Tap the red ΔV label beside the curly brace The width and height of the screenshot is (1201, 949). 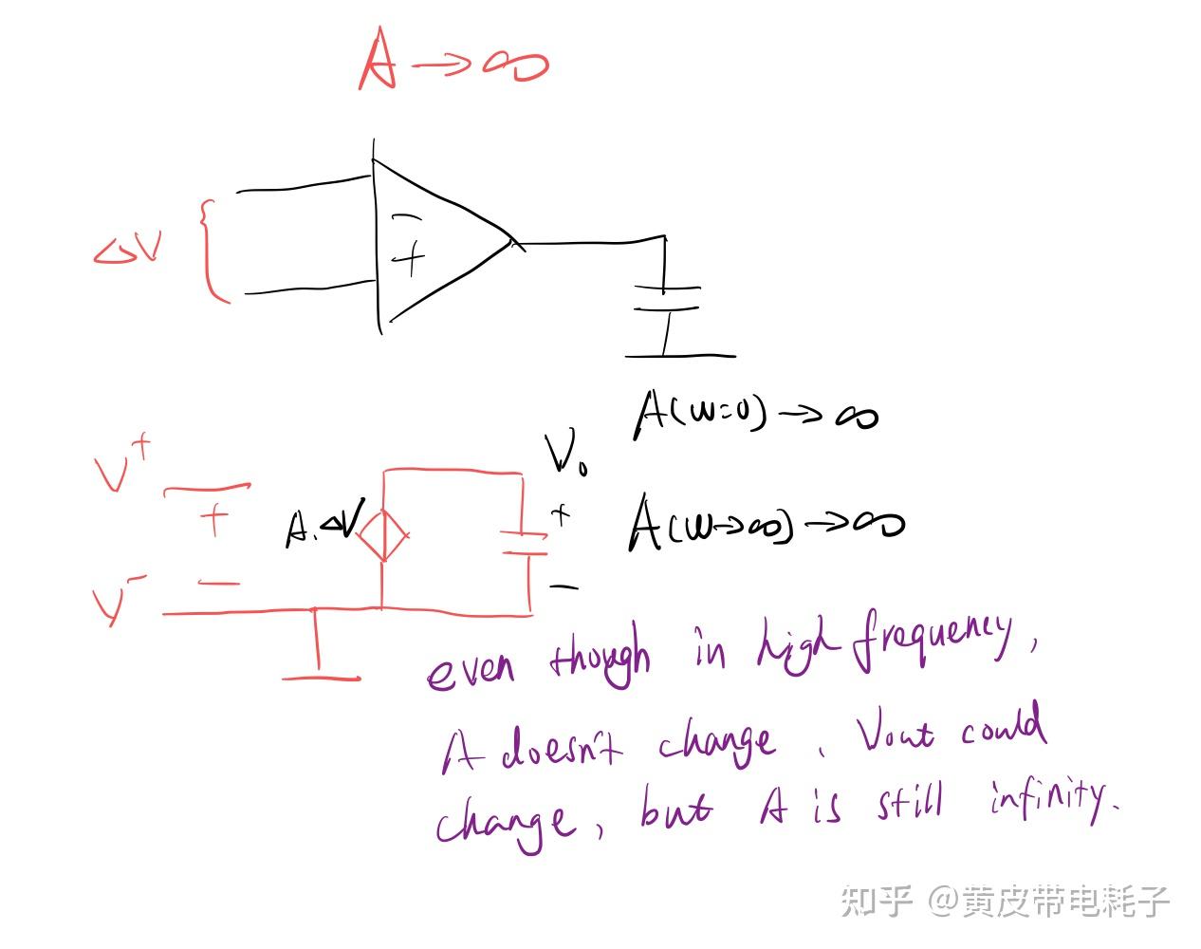pyautogui.click(x=128, y=249)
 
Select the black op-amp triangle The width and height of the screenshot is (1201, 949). pyautogui.click(x=436, y=243)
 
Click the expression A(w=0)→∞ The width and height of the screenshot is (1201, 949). pyautogui.click(x=754, y=413)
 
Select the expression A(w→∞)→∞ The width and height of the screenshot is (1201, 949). pyautogui.click(x=764, y=523)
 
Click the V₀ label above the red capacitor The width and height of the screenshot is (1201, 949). pyautogui.click(x=565, y=455)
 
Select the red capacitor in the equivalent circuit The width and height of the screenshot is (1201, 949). pyautogui.click(x=525, y=544)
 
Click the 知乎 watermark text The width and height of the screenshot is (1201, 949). pyautogui.click(x=877, y=900)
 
